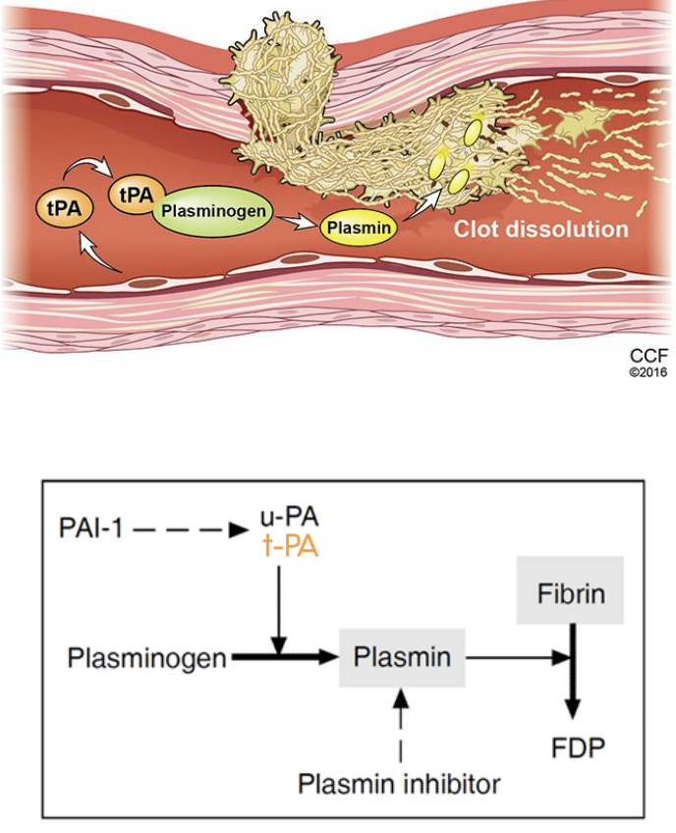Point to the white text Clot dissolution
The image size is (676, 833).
click(x=539, y=229)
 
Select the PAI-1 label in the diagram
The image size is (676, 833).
click(x=93, y=530)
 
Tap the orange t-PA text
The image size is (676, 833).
click(x=289, y=546)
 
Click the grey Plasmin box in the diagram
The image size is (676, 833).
click(x=403, y=657)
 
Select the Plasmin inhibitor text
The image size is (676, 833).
click(x=400, y=783)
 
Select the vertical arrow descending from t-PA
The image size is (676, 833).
click(x=280, y=609)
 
